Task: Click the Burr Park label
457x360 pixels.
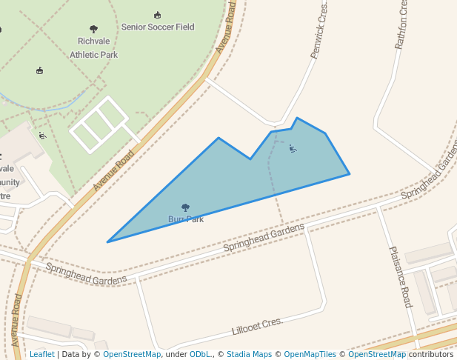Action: point(185,219)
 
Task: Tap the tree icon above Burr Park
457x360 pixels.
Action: point(185,208)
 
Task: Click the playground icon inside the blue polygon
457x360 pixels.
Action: point(293,149)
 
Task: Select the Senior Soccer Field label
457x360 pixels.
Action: point(158,27)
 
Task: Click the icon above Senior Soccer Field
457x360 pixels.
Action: point(157,15)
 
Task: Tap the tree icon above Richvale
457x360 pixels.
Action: point(93,30)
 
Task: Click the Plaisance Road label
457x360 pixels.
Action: point(400,276)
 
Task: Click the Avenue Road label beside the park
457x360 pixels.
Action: point(113,170)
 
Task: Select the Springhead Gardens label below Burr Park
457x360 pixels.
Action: point(264,236)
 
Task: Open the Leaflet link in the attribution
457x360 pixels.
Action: point(41,354)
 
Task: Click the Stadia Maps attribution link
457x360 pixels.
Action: point(249,354)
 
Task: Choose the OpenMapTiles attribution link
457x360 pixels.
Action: point(310,354)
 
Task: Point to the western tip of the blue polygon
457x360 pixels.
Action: point(108,241)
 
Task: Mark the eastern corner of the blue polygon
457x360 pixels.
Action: point(349,174)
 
